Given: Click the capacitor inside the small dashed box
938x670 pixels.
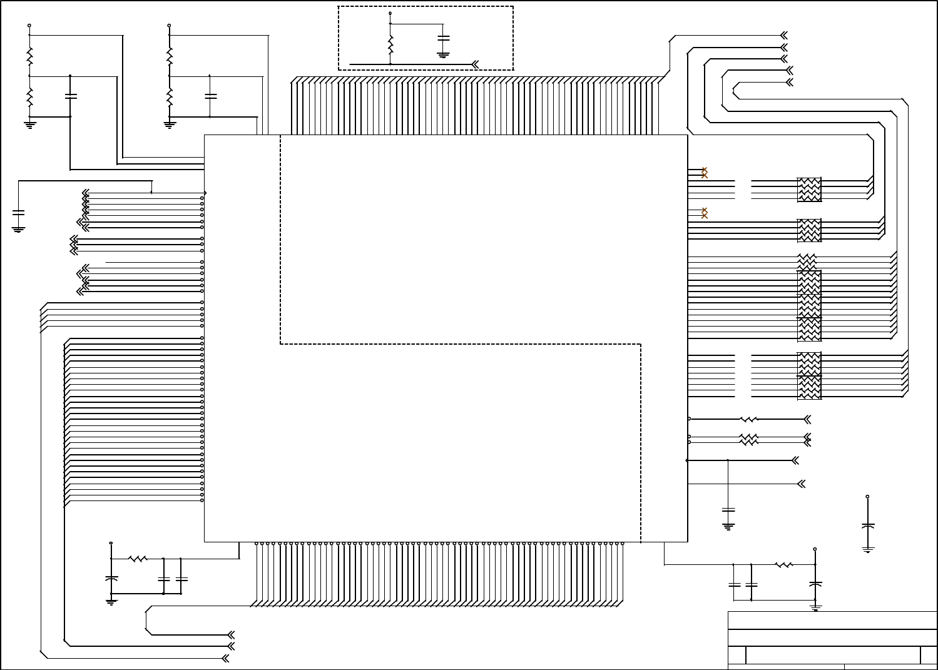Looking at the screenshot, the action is click(x=444, y=38).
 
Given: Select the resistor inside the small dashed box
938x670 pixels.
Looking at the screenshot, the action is click(x=390, y=44).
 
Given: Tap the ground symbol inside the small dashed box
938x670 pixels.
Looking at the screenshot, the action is click(x=444, y=54).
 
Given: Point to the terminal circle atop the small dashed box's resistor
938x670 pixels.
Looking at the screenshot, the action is click(x=390, y=13).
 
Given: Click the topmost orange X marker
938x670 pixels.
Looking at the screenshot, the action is click(x=705, y=170).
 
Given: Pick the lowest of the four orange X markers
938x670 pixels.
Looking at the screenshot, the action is click(x=705, y=216).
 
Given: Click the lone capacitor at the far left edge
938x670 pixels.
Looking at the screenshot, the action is click(x=19, y=213).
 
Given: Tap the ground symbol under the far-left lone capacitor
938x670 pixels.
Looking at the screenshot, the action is click(x=19, y=230).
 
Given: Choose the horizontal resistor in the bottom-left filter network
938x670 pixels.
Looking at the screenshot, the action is click(x=138, y=559).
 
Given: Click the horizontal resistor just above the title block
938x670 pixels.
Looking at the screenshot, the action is click(x=784, y=565).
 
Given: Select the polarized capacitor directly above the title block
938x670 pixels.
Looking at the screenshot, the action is click(x=815, y=584).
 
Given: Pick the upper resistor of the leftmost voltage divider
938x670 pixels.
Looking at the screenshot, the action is click(x=29, y=58).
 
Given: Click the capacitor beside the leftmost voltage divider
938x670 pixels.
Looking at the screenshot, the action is click(x=70, y=96).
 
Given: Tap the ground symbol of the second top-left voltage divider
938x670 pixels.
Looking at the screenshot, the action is click(x=169, y=124).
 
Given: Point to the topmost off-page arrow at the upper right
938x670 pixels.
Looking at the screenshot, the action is click(x=783, y=35).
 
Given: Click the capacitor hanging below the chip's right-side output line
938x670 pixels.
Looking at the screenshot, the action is click(x=728, y=510).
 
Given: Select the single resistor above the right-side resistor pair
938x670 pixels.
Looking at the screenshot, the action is click(x=749, y=419).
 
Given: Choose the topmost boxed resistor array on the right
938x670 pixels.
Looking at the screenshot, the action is click(x=809, y=190).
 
